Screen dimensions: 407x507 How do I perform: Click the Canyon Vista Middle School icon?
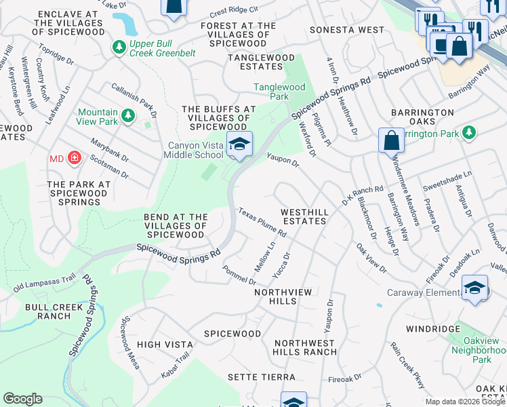point(239,144)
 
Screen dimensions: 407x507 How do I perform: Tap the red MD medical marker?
point(74,159)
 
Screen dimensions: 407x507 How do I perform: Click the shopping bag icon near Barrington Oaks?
point(391,140)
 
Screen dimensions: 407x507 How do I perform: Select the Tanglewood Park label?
point(279,92)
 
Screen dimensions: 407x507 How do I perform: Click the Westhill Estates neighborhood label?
point(305,216)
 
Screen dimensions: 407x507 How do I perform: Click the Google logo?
point(22,399)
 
